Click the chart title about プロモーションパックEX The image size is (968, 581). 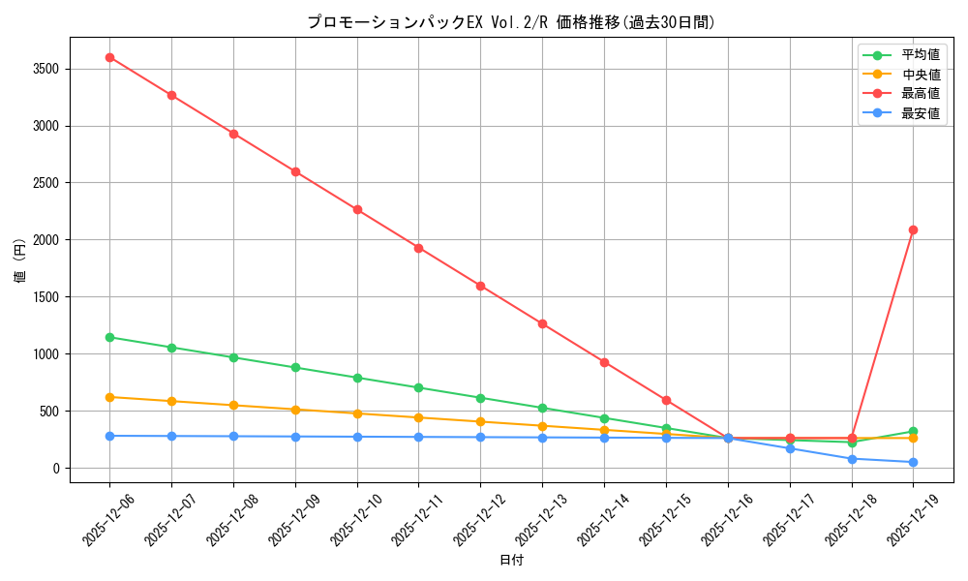point(511,22)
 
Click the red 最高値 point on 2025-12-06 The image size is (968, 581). point(109,57)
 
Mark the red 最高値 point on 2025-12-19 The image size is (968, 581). point(913,229)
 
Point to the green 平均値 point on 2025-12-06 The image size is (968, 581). point(109,337)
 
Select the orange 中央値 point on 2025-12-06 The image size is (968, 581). point(109,397)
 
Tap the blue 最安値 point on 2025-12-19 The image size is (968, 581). point(913,462)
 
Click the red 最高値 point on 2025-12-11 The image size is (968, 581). point(418,248)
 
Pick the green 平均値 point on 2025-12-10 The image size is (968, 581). point(357,378)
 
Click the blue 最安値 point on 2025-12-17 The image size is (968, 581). point(790,448)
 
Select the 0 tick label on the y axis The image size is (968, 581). point(56,469)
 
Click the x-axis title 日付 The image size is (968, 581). point(511,561)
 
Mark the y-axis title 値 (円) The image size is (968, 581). point(20,260)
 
